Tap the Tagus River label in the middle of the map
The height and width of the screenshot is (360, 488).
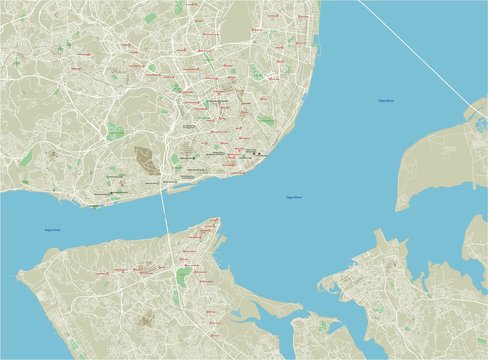pos(293,197)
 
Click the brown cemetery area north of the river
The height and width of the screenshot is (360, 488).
pos(146,159)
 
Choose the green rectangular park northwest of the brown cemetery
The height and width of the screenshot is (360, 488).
pos(116,132)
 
